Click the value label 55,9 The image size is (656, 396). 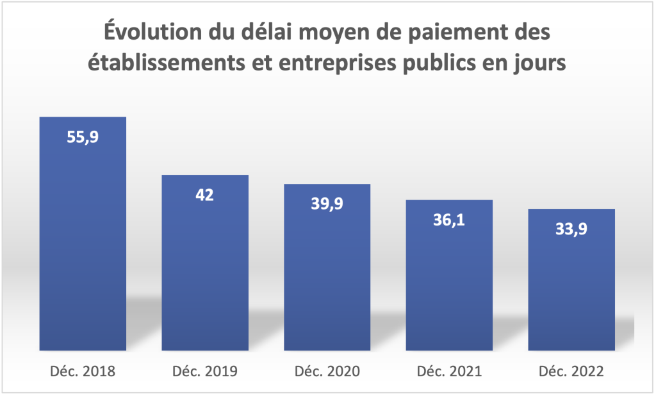point(83,136)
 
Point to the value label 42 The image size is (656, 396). point(204,194)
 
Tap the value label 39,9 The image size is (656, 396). point(327,203)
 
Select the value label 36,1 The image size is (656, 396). point(449,220)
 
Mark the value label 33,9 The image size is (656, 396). point(571,229)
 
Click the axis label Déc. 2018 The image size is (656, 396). point(83,372)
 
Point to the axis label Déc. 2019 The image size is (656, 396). point(204,372)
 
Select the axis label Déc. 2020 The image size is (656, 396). point(327,372)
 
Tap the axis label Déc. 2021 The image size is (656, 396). point(449,372)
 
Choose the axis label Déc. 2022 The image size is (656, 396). point(571,372)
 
